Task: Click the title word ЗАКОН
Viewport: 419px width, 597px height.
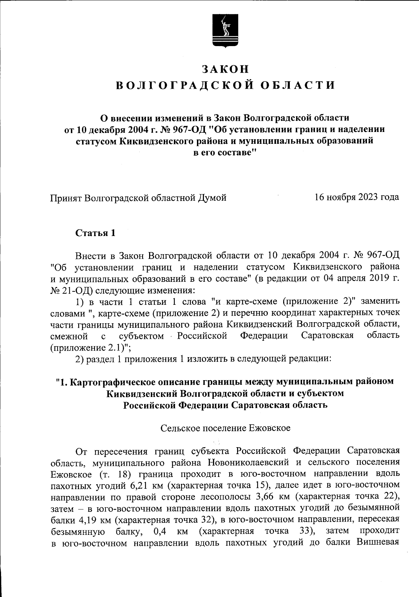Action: click(x=226, y=69)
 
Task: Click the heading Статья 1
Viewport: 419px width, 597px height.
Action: click(x=95, y=233)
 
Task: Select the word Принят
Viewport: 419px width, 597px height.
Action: click(x=66, y=198)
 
